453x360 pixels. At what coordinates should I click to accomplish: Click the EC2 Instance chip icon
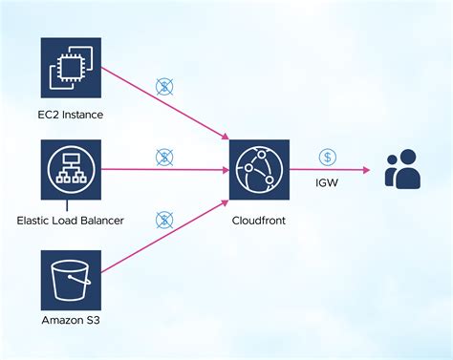71,67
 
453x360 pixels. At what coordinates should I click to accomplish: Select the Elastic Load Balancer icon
71,169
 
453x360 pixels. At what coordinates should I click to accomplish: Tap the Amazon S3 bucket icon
71,279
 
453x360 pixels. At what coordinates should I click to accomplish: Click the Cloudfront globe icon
259,169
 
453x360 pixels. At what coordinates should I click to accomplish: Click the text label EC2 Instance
71,115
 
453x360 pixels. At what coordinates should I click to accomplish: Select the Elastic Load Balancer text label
71,219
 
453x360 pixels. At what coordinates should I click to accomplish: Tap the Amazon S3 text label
71,321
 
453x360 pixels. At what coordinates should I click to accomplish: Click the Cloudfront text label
259,219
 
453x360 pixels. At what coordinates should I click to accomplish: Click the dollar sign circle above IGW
327,156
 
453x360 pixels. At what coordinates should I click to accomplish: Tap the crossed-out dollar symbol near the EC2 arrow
164,87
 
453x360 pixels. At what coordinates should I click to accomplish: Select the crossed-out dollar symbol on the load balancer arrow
164,156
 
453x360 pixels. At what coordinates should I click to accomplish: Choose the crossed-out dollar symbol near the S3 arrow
164,221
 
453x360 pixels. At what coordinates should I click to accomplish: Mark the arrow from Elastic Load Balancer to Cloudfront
162,169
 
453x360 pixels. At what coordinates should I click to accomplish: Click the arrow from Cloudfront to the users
330,169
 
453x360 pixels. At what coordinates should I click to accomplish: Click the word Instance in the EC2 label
84,115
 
